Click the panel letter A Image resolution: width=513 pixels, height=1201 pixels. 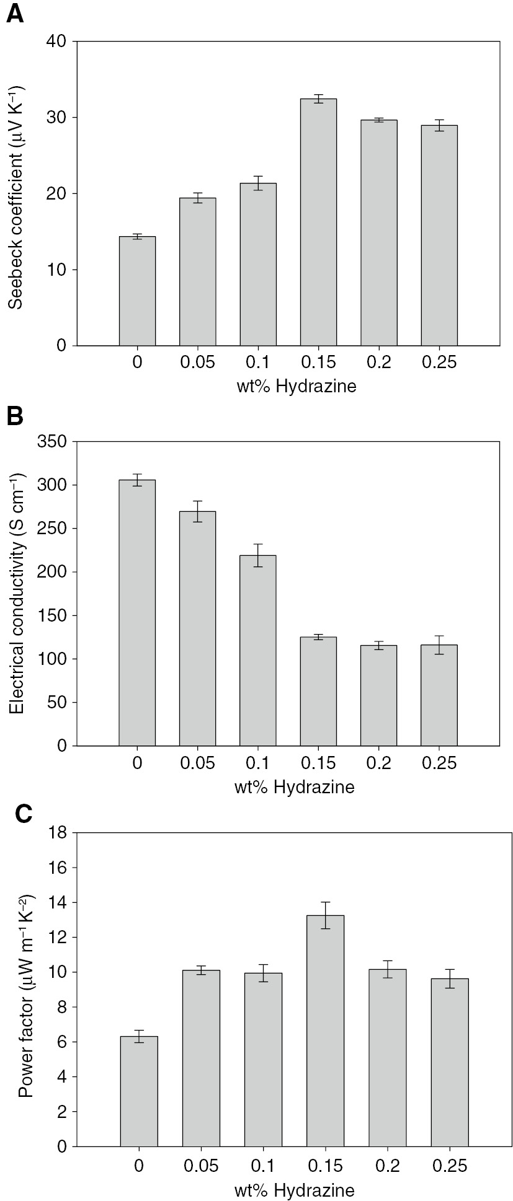click(x=15, y=14)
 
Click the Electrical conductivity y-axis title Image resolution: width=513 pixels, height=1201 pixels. click(x=17, y=593)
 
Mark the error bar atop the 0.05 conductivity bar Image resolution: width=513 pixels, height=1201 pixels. click(x=197, y=511)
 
